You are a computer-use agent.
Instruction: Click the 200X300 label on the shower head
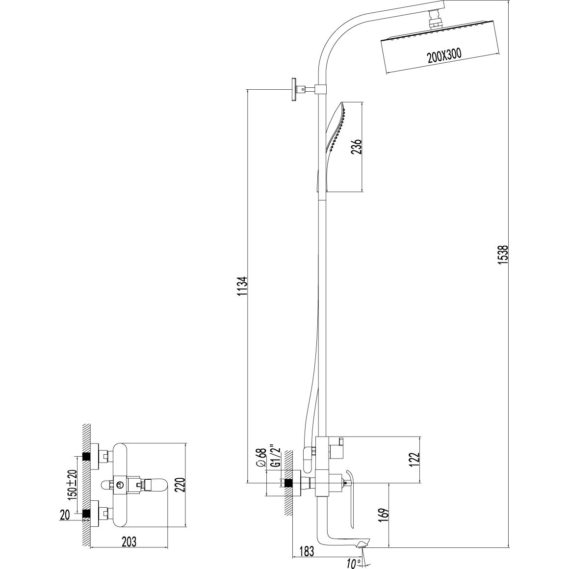[x=444, y=56]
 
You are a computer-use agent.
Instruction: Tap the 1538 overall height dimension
[x=503, y=255]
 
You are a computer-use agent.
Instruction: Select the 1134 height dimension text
[x=242, y=286]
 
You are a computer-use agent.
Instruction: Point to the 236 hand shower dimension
[x=357, y=147]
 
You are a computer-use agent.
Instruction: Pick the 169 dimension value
[x=384, y=514]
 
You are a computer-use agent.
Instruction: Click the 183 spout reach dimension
[x=306, y=551]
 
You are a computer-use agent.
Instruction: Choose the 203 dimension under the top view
[x=129, y=542]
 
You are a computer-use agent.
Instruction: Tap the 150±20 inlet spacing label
[x=73, y=485]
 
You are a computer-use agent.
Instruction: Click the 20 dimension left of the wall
[x=65, y=516]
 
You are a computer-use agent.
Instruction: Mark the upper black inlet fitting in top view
[x=86, y=457]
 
